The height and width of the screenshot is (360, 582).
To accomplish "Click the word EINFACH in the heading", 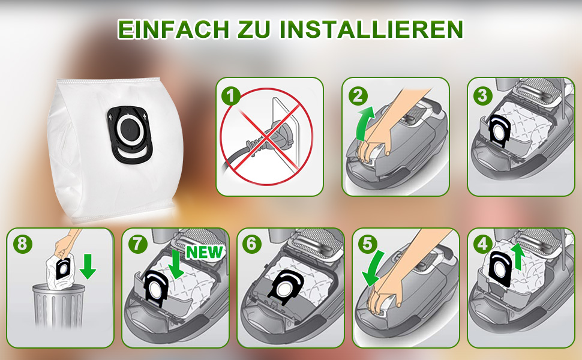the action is [x=173, y=29].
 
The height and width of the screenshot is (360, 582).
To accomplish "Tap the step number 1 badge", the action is [x=231, y=96].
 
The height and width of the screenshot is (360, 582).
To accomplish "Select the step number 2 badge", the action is [x=358, y=96].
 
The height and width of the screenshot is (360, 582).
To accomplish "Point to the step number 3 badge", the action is [x=482, y=95].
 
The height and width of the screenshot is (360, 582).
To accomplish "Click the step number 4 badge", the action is [x=482, y=245].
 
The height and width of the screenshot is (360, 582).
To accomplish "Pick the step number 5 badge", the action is [x=367, y=245].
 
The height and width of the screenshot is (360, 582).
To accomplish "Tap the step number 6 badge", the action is [x=251, y=245].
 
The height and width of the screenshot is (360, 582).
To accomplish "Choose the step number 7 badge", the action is [x=137, y=245].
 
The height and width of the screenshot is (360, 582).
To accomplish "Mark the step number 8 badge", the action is [x=22, y=245].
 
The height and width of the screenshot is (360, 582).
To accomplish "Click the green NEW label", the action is [x=205, y=253].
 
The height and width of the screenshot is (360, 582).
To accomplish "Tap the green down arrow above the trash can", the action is [x=88, y=266].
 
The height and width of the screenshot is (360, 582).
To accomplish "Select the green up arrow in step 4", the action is [x=518, y=257].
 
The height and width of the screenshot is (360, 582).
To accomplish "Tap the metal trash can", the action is [x=58, y=305].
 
